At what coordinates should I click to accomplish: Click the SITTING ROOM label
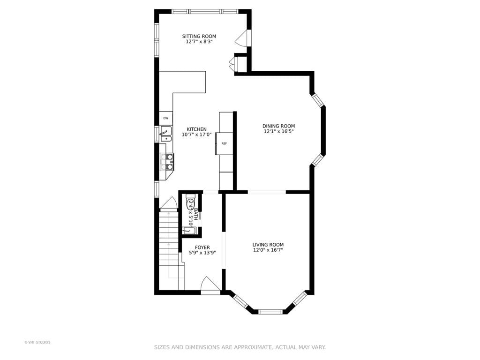coord(199,36)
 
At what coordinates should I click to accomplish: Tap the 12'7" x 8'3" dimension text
coord(199,42)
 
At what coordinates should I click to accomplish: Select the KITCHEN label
coord(196,129)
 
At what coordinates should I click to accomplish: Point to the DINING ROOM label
coord(278,126)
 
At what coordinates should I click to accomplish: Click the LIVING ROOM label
coord(268,245)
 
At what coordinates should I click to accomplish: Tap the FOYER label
coord(202,247)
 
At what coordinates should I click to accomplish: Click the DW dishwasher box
coord(165,118)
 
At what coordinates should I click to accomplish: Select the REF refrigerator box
coord(225,143)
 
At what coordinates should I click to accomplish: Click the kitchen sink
coord(165,134)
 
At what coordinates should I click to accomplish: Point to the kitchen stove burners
coord(167,162)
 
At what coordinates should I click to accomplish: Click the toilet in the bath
coord(190,202)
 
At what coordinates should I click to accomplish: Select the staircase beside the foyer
coord(169,248)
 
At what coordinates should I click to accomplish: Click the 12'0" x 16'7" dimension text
coord(268,250)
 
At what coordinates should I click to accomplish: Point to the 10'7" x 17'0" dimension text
coord(196,135)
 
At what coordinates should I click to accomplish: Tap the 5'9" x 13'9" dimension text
coord(202,253)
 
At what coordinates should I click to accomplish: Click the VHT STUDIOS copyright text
coord(37,342)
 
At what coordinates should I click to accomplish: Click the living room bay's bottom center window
coord(270,312)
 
